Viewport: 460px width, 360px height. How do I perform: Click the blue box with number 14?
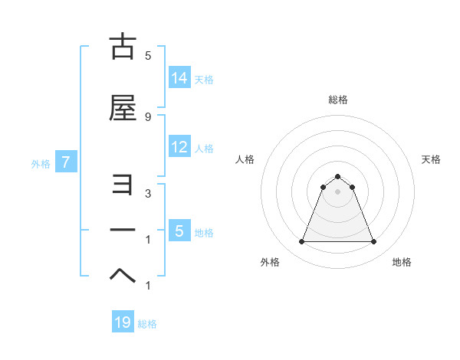179,77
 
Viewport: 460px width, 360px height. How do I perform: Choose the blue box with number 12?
179,147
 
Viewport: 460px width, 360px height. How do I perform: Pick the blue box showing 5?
179,231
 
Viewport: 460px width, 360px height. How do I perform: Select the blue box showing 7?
66,162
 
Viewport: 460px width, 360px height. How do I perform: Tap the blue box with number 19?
123,322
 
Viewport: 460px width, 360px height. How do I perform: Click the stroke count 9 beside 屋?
148,116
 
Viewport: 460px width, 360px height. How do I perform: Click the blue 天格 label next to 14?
204,79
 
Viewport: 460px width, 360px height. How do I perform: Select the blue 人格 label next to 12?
204,149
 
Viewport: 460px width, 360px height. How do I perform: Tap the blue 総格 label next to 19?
147,324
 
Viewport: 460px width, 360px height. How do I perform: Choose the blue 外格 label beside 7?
41,163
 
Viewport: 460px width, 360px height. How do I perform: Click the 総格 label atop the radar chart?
337,100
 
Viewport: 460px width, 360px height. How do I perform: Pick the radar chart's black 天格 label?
432,159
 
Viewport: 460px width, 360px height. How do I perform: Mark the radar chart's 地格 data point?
374,242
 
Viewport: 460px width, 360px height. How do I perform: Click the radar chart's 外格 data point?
301,242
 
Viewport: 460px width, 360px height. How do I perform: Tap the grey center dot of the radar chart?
337,191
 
